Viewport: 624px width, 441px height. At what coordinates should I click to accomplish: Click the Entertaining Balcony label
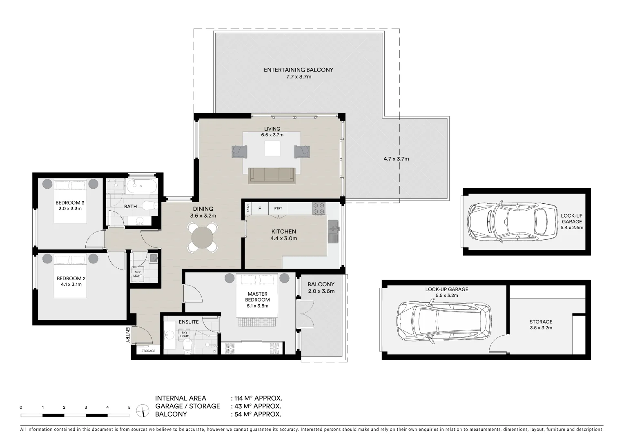(x=298, y=70)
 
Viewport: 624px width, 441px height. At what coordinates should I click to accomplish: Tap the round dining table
(x=203, y=237)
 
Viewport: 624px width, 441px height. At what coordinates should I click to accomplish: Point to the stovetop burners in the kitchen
(x=318, y=208)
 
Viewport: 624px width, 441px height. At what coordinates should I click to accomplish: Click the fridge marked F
(x=259, y=209)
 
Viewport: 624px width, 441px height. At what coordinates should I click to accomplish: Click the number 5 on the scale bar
(x=129, y=407)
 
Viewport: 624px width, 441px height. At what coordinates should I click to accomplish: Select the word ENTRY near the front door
(x=128, y=335)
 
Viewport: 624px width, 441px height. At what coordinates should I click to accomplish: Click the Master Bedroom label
(x=257, y=296)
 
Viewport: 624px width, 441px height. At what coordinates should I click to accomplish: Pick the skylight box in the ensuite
(x=184, y=334)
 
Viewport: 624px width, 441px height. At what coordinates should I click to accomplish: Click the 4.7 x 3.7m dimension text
(x=396, y=159)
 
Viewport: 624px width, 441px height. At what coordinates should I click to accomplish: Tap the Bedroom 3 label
(x=70, y=203)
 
